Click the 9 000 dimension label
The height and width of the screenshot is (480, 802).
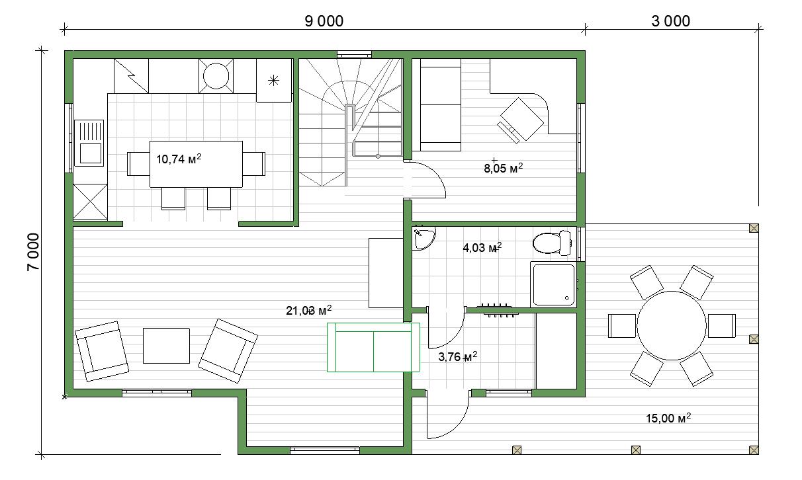pyautogui.click(x=324, y=21)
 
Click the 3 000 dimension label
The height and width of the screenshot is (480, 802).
pyautogui.click(x=670, y=21)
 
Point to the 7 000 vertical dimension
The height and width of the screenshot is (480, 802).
pyautogui.click(x=33, y=252)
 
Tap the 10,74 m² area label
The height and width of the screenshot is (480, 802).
pyautogui.click(x=179, y=159)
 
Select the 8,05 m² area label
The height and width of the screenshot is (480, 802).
pyautogui.click(x=503, y=168)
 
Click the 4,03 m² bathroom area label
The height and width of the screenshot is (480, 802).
pyautogui.click(x=482, y=247)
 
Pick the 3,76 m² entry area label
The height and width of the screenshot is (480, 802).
pyautogui.click(x=457, y=356)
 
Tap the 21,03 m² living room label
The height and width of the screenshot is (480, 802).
pyautogui.click(x=308, y=310)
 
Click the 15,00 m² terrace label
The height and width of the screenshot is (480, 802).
pyautogui.click(x=668, y=418)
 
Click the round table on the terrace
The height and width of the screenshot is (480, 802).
pyautogui.click(x=672, y=325)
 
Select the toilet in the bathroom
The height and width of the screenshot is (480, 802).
pyautogui.click(x=552, y=243)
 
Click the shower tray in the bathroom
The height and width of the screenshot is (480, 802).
pyautogui.click(x=553, y=284)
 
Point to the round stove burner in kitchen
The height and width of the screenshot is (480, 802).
pyautogui.click(x=216, y=76)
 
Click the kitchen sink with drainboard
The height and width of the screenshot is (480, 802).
pyautogui.click(x=89, y=143)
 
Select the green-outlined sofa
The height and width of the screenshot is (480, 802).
pyautogui.click(x=373, y=347)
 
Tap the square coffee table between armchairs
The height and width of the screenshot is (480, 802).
pyautogui.click(x=166, y=346)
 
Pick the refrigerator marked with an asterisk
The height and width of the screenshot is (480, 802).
pyautogui.click(x=274, y=81)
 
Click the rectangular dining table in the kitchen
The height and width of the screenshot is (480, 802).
pyautogui.click(x=196, y=164)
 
